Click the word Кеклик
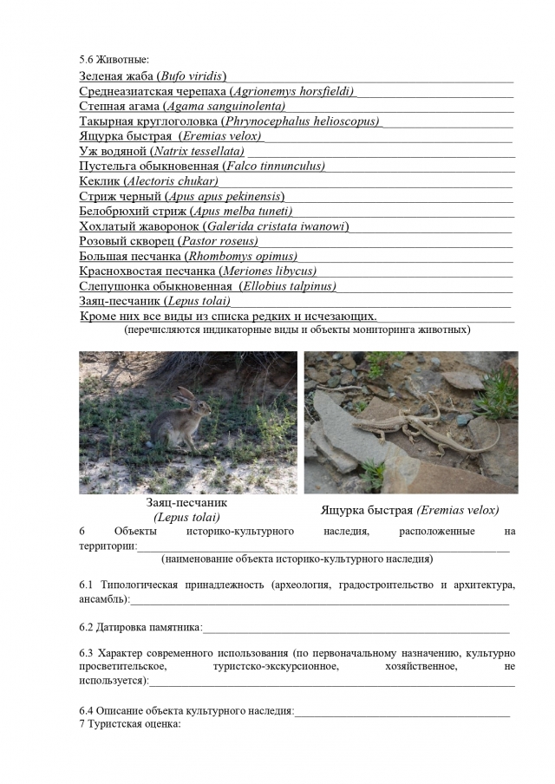tap(99, 181)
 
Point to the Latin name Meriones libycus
tap(268, 271)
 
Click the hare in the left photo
tap(192, 417)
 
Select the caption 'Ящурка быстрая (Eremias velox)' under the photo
tap(409, 510)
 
